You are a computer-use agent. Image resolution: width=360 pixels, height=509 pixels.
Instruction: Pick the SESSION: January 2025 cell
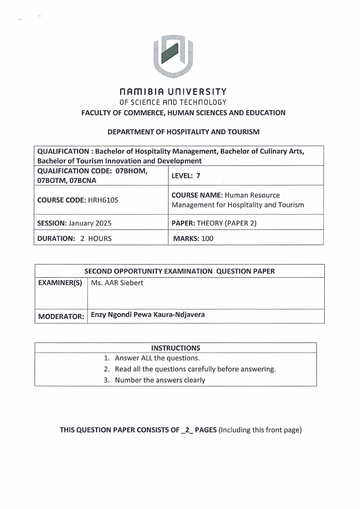74,223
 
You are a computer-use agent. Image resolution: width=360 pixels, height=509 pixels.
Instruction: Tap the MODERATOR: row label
61,316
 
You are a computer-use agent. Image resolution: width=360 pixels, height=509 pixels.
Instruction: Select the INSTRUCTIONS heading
175,348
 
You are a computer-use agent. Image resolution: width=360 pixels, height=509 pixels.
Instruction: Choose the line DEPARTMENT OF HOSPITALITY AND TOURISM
183,132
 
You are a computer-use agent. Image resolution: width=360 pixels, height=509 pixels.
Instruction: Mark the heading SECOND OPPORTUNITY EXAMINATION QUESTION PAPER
180,271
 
